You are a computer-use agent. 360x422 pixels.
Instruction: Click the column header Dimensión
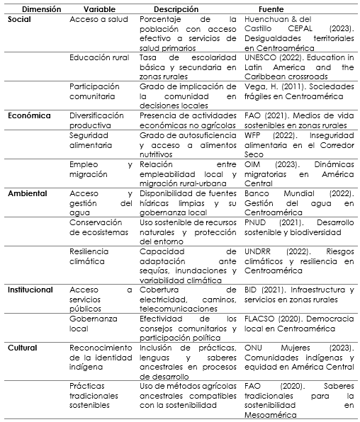pos(34,8)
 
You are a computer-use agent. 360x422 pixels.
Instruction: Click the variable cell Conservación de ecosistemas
pos(100,227)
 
